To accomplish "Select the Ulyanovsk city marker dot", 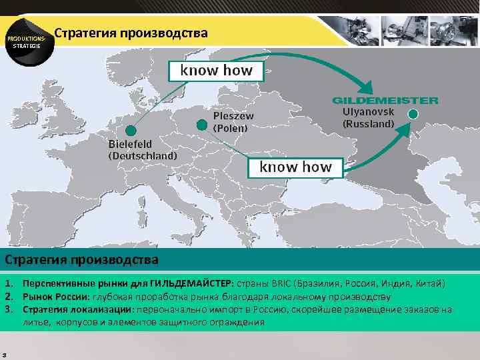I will click(x=413, y=115).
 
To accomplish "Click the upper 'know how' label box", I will click(x=217, y=71).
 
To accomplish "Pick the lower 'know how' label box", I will click(x=295, y=167).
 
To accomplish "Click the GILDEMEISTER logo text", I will click(x=385, y=101).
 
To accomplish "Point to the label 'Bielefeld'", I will click(x=130, y=144).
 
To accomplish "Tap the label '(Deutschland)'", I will click(x=143, y=156).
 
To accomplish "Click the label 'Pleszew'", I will click(x=233, y=116).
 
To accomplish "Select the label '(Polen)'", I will click(x=230, y=127).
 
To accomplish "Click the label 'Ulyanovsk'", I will click(x=368, y=112).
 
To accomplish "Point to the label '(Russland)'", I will click(x=368, y=123).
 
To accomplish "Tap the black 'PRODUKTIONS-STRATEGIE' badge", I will click(x=27, y=42).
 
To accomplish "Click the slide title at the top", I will click(x=131, y=33).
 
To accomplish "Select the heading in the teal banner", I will click(x=82, y=259).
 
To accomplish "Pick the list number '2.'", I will click(x=9, y=297).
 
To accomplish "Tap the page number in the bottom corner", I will click(x=4, y=354).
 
